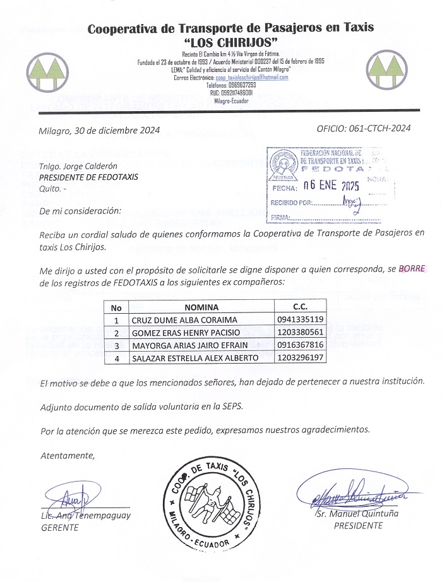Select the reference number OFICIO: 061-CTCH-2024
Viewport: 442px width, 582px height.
[364, 128]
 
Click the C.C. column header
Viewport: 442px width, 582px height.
[300, 307]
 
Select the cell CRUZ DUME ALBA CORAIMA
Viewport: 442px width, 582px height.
[184, 319]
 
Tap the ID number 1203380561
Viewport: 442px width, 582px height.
[300, 332]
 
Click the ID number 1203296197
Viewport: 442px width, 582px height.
[300, 358]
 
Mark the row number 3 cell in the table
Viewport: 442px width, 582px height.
[116, 345]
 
